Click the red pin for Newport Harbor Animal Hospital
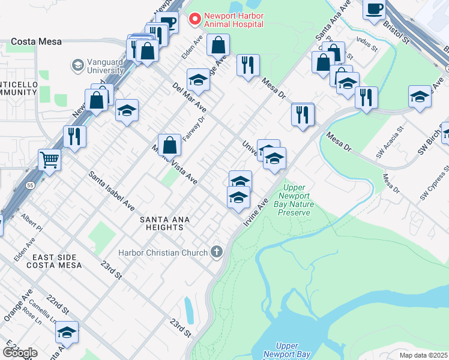point(194,20)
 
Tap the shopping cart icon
point(50,160)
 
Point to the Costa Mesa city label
point(34,42)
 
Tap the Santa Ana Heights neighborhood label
point(164,224)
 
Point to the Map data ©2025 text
point(423,355)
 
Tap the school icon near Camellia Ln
point(67,332)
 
